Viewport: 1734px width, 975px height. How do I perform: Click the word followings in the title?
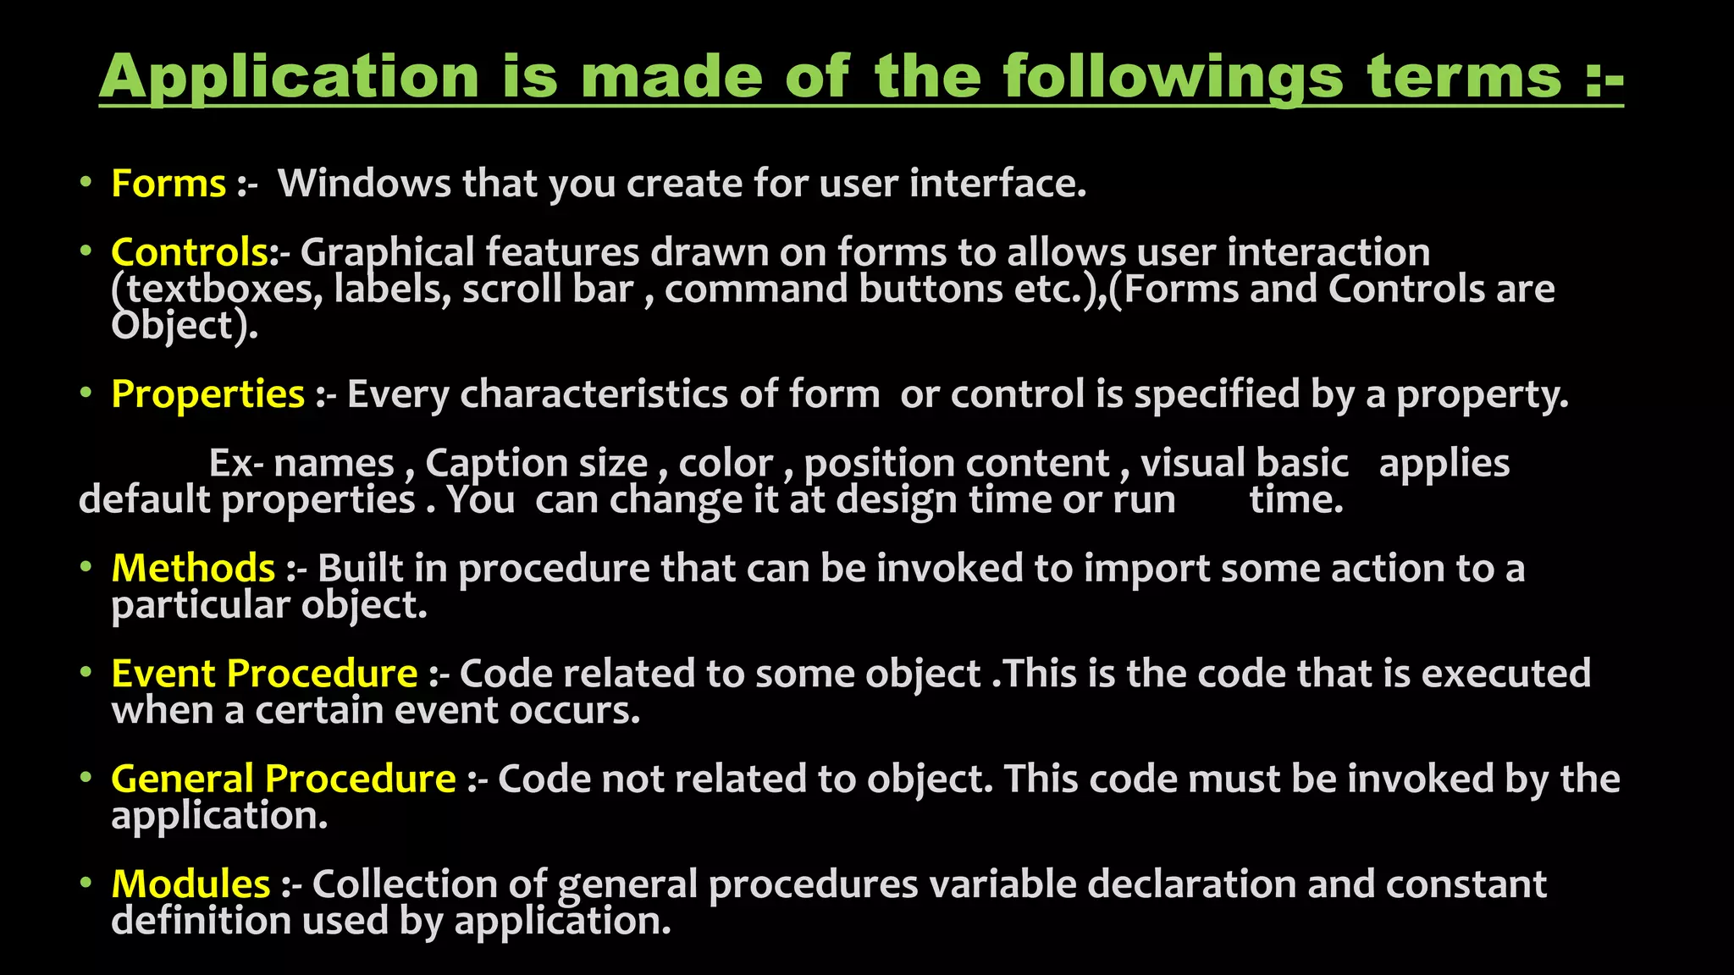click(x=1173, y=78)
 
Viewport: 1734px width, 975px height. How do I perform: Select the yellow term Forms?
click(x=168, y=184)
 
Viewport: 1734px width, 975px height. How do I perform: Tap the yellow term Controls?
click(x=190, y=252)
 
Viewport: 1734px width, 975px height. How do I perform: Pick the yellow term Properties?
click(x=207, y=394)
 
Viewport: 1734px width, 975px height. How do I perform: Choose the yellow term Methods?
click(x=193, y=568)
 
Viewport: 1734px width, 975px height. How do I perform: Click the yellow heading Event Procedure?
click(x=264, y=674)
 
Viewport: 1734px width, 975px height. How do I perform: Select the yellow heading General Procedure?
click(x=283, y=779)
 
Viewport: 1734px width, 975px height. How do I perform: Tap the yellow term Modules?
click(x=191, y=884)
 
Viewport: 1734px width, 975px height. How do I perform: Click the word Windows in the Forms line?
click(x=364, y=184)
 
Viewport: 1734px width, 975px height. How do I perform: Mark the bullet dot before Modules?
click(x=86, y=883)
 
